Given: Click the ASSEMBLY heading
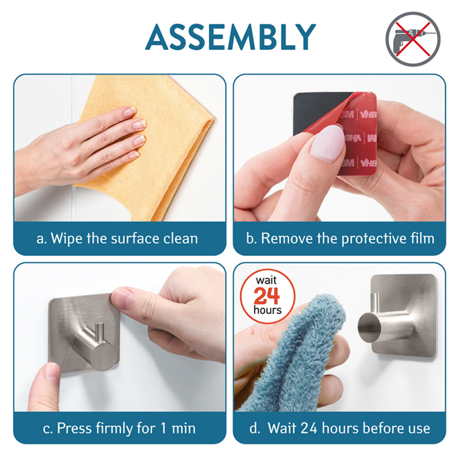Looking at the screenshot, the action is (230, 37).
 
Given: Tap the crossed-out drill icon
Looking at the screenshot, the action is (413, 39).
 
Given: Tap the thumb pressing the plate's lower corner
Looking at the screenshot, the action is (44, 386).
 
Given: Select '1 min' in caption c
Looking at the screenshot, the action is (178, 429).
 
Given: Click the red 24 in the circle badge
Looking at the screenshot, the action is (267, 296).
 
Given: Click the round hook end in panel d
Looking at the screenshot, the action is (369, 327).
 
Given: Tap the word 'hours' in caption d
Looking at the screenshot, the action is (340, 429).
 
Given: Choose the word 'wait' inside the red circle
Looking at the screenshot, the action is (266, 281).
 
